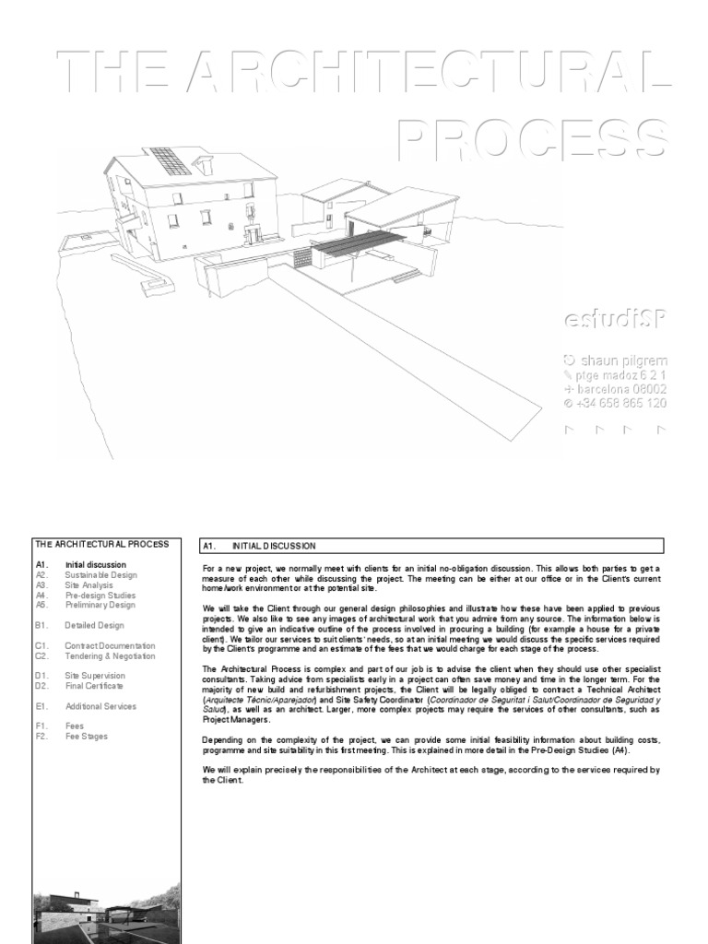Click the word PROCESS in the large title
pyautogui.click(x=533, y=140)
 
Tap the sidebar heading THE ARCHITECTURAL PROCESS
pyautogui.click(x=101, y=545)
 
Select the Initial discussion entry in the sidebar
pyautogui.click(x=95, y=564)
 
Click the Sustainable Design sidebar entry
pyautogui.click(x=100, y=574)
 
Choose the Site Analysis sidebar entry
pyautogui.click(x=88, y=584)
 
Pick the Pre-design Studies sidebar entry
pyautogui.click(x=100, y=595)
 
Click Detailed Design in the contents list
pyautogui.click(x=94, y=625)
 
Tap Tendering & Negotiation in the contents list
pyautogui.click(x=110, y=656)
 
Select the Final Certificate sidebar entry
pyautogui.click(x=93, y=686)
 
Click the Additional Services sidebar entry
pyautogui.click(x=100, y=706)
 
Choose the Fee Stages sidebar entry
pyautogui.click(x=86, y=737)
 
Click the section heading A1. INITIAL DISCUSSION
pyautogui.click(x=274, y=546)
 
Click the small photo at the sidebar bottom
pyautogui.click(x=107, y=914)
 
